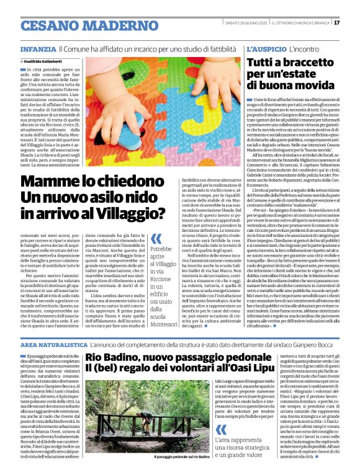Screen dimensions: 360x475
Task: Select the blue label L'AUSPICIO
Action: pos(268,48)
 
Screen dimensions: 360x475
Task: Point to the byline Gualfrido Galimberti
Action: pos(44,61)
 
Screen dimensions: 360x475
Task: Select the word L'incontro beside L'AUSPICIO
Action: pos(305,48)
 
